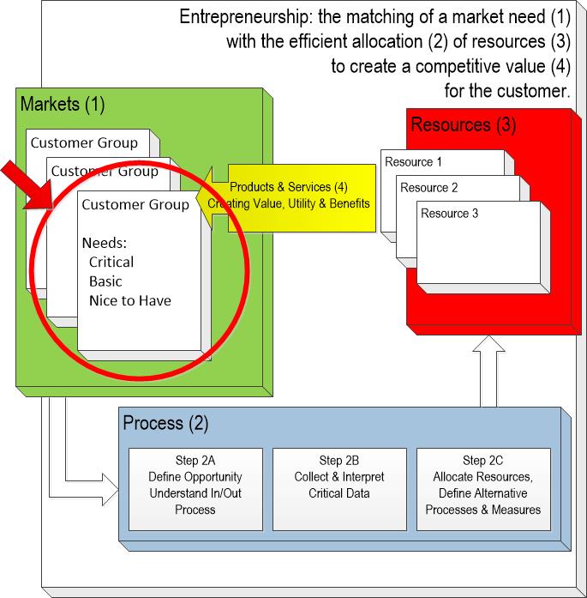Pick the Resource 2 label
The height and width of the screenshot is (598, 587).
point(429,188)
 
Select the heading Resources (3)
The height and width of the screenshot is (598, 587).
point(463,124)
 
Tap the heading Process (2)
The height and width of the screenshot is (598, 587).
point(165,423)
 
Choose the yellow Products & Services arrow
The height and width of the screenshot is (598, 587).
point(291,196)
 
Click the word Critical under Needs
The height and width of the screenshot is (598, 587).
point(111,262)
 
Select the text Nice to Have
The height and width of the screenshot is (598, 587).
point(129,299)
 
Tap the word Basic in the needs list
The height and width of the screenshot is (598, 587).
point(105,281)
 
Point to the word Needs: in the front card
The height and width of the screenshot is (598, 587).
point(105,242)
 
